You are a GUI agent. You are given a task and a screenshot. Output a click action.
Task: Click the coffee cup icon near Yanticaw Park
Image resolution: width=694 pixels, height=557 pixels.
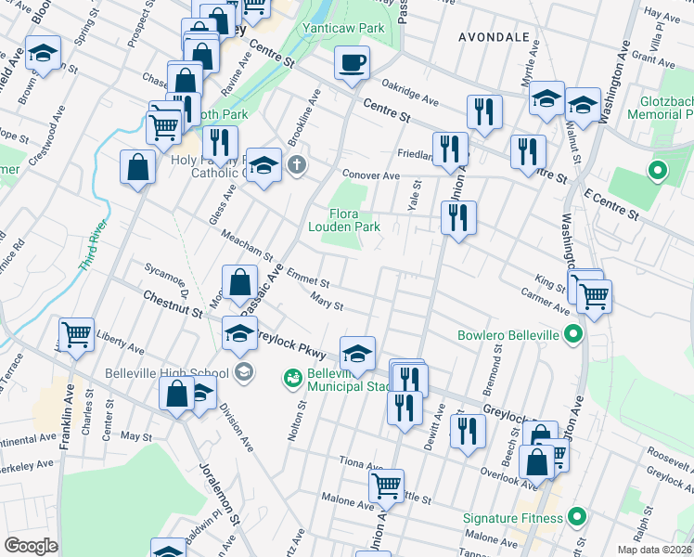pyautogui.click(x=352, y=63)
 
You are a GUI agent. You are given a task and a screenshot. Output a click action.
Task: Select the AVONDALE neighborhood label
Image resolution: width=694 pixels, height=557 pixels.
pyautogui.click(x=494, y=37)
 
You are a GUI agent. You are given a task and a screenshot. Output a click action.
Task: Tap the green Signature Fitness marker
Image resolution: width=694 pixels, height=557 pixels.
pyautogui.click(x=576, y=517)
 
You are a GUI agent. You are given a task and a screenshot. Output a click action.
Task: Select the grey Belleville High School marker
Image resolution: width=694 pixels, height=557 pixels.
pyautogui.click(x=243, y=373)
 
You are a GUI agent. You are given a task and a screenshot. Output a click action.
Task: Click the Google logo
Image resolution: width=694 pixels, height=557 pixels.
pyautogui.click(x=31, y=546)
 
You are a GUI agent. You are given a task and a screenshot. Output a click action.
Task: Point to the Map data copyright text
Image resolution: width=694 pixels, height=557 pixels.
pyautogui.click(x=655, y=548)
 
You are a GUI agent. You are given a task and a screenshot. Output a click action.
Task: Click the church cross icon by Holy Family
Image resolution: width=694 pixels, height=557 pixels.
pyautogui.click(x=296, y=166)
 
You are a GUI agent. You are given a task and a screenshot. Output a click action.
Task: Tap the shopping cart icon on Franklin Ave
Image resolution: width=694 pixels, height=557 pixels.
pyautogui.click(x=76, y=332)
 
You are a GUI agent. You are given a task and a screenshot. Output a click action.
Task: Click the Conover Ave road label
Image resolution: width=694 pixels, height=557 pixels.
pyautogui.click(x=370, y=175)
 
